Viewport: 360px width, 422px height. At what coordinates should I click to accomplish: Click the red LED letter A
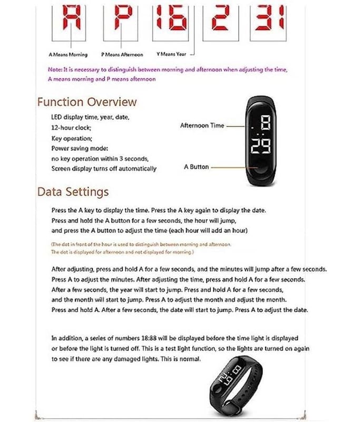pyautogui.click(x=70, y=17)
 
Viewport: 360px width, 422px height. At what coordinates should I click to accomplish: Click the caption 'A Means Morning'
pyautogui.click(x=68, y=54)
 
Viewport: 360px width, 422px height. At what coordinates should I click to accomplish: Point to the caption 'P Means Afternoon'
pyautogui.click(x=122, y=54)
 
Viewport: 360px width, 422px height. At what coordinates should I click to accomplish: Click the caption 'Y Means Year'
pyautogui.click(x=172, y=54)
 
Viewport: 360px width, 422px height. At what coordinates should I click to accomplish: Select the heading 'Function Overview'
pyautogui.click(x=86, y=102)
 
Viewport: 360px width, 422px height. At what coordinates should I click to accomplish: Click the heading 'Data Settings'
pyautogui.click(x=73, y=191)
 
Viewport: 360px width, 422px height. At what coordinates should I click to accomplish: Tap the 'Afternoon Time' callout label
pyautogui.click(x=202, y=126)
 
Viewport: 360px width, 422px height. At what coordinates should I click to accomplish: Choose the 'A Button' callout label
pyautogui.click(x=196, y=167)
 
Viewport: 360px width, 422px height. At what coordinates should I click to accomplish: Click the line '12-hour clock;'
pyautogui.click(x=71, y=128)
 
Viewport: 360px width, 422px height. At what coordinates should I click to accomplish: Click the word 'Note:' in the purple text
pyautogui.click(x=54, y=70)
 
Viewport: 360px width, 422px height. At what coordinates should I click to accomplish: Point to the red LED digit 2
pyautogui.click(x=220, y=17)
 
